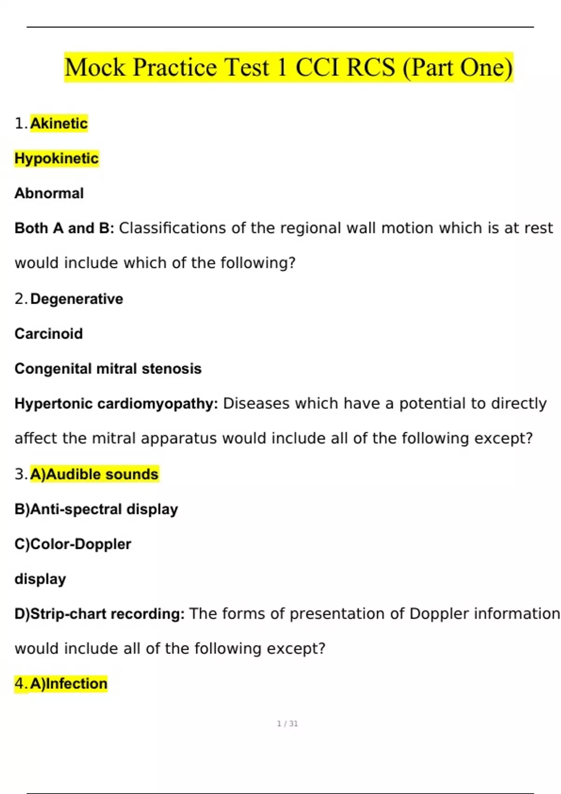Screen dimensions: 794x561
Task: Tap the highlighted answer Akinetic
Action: pos(59,123)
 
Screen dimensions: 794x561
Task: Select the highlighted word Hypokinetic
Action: pos(57,158)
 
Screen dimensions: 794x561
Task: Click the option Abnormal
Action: pos(49,193)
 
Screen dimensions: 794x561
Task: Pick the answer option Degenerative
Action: pos(77,298)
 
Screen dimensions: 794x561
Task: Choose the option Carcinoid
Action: pos(49,333)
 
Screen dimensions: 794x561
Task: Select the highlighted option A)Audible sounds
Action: pos(94,474)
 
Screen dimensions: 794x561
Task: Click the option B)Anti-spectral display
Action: pos(96,509)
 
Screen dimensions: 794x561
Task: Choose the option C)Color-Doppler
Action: pos(73,544)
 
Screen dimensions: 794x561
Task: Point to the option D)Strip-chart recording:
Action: pos(100,614)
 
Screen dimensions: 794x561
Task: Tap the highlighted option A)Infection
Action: pos(69,684)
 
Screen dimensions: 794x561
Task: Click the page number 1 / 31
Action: pos(287,723)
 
